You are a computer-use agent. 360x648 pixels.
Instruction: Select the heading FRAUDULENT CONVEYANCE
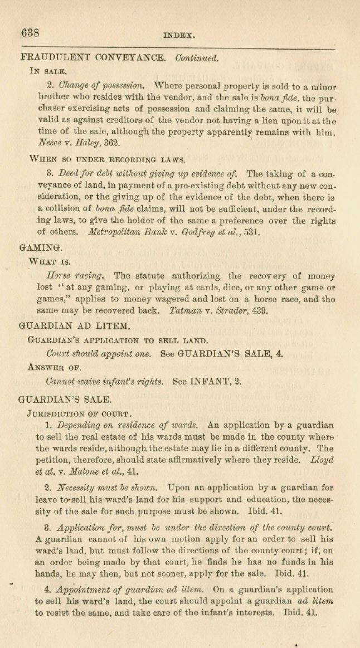[92, 57]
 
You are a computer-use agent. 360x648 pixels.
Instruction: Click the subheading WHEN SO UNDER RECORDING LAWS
[103, 159]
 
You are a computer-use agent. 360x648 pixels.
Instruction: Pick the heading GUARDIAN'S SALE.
[65, 399]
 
